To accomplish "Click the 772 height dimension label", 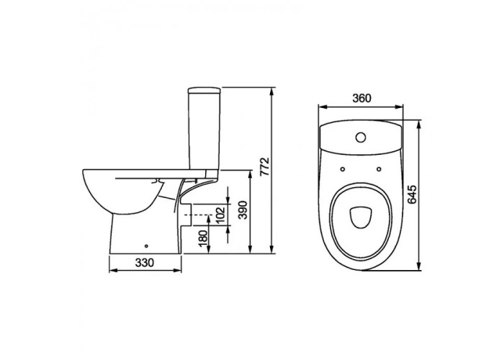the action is [264, 166].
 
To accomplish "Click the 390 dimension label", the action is [243, 210].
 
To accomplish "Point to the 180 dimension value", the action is [203, 238].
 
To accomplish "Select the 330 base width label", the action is [145, 263].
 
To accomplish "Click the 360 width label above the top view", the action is [361, 98].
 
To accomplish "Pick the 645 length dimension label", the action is [412, 194].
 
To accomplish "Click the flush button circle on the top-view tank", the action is [361, 138].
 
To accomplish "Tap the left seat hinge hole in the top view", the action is [343, 169].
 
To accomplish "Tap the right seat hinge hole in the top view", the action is [379, 169].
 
